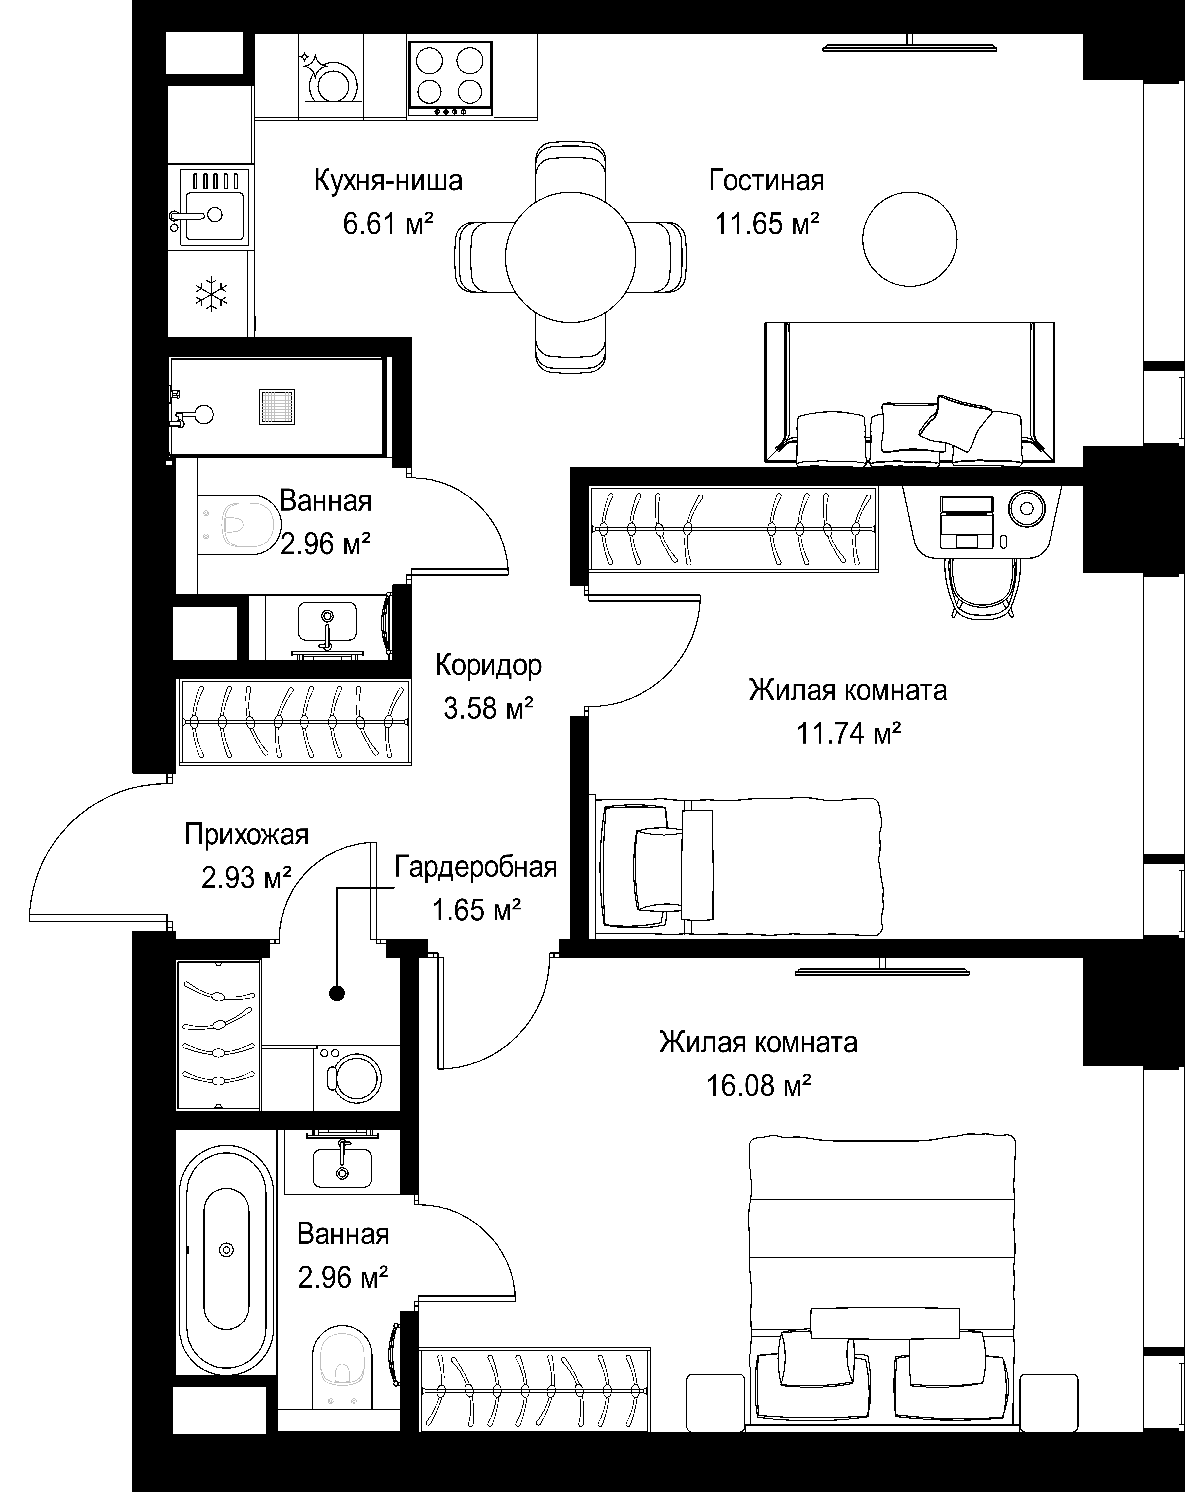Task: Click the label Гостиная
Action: [x=766, y=181]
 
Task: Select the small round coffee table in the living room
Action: [x=910, y=239]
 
